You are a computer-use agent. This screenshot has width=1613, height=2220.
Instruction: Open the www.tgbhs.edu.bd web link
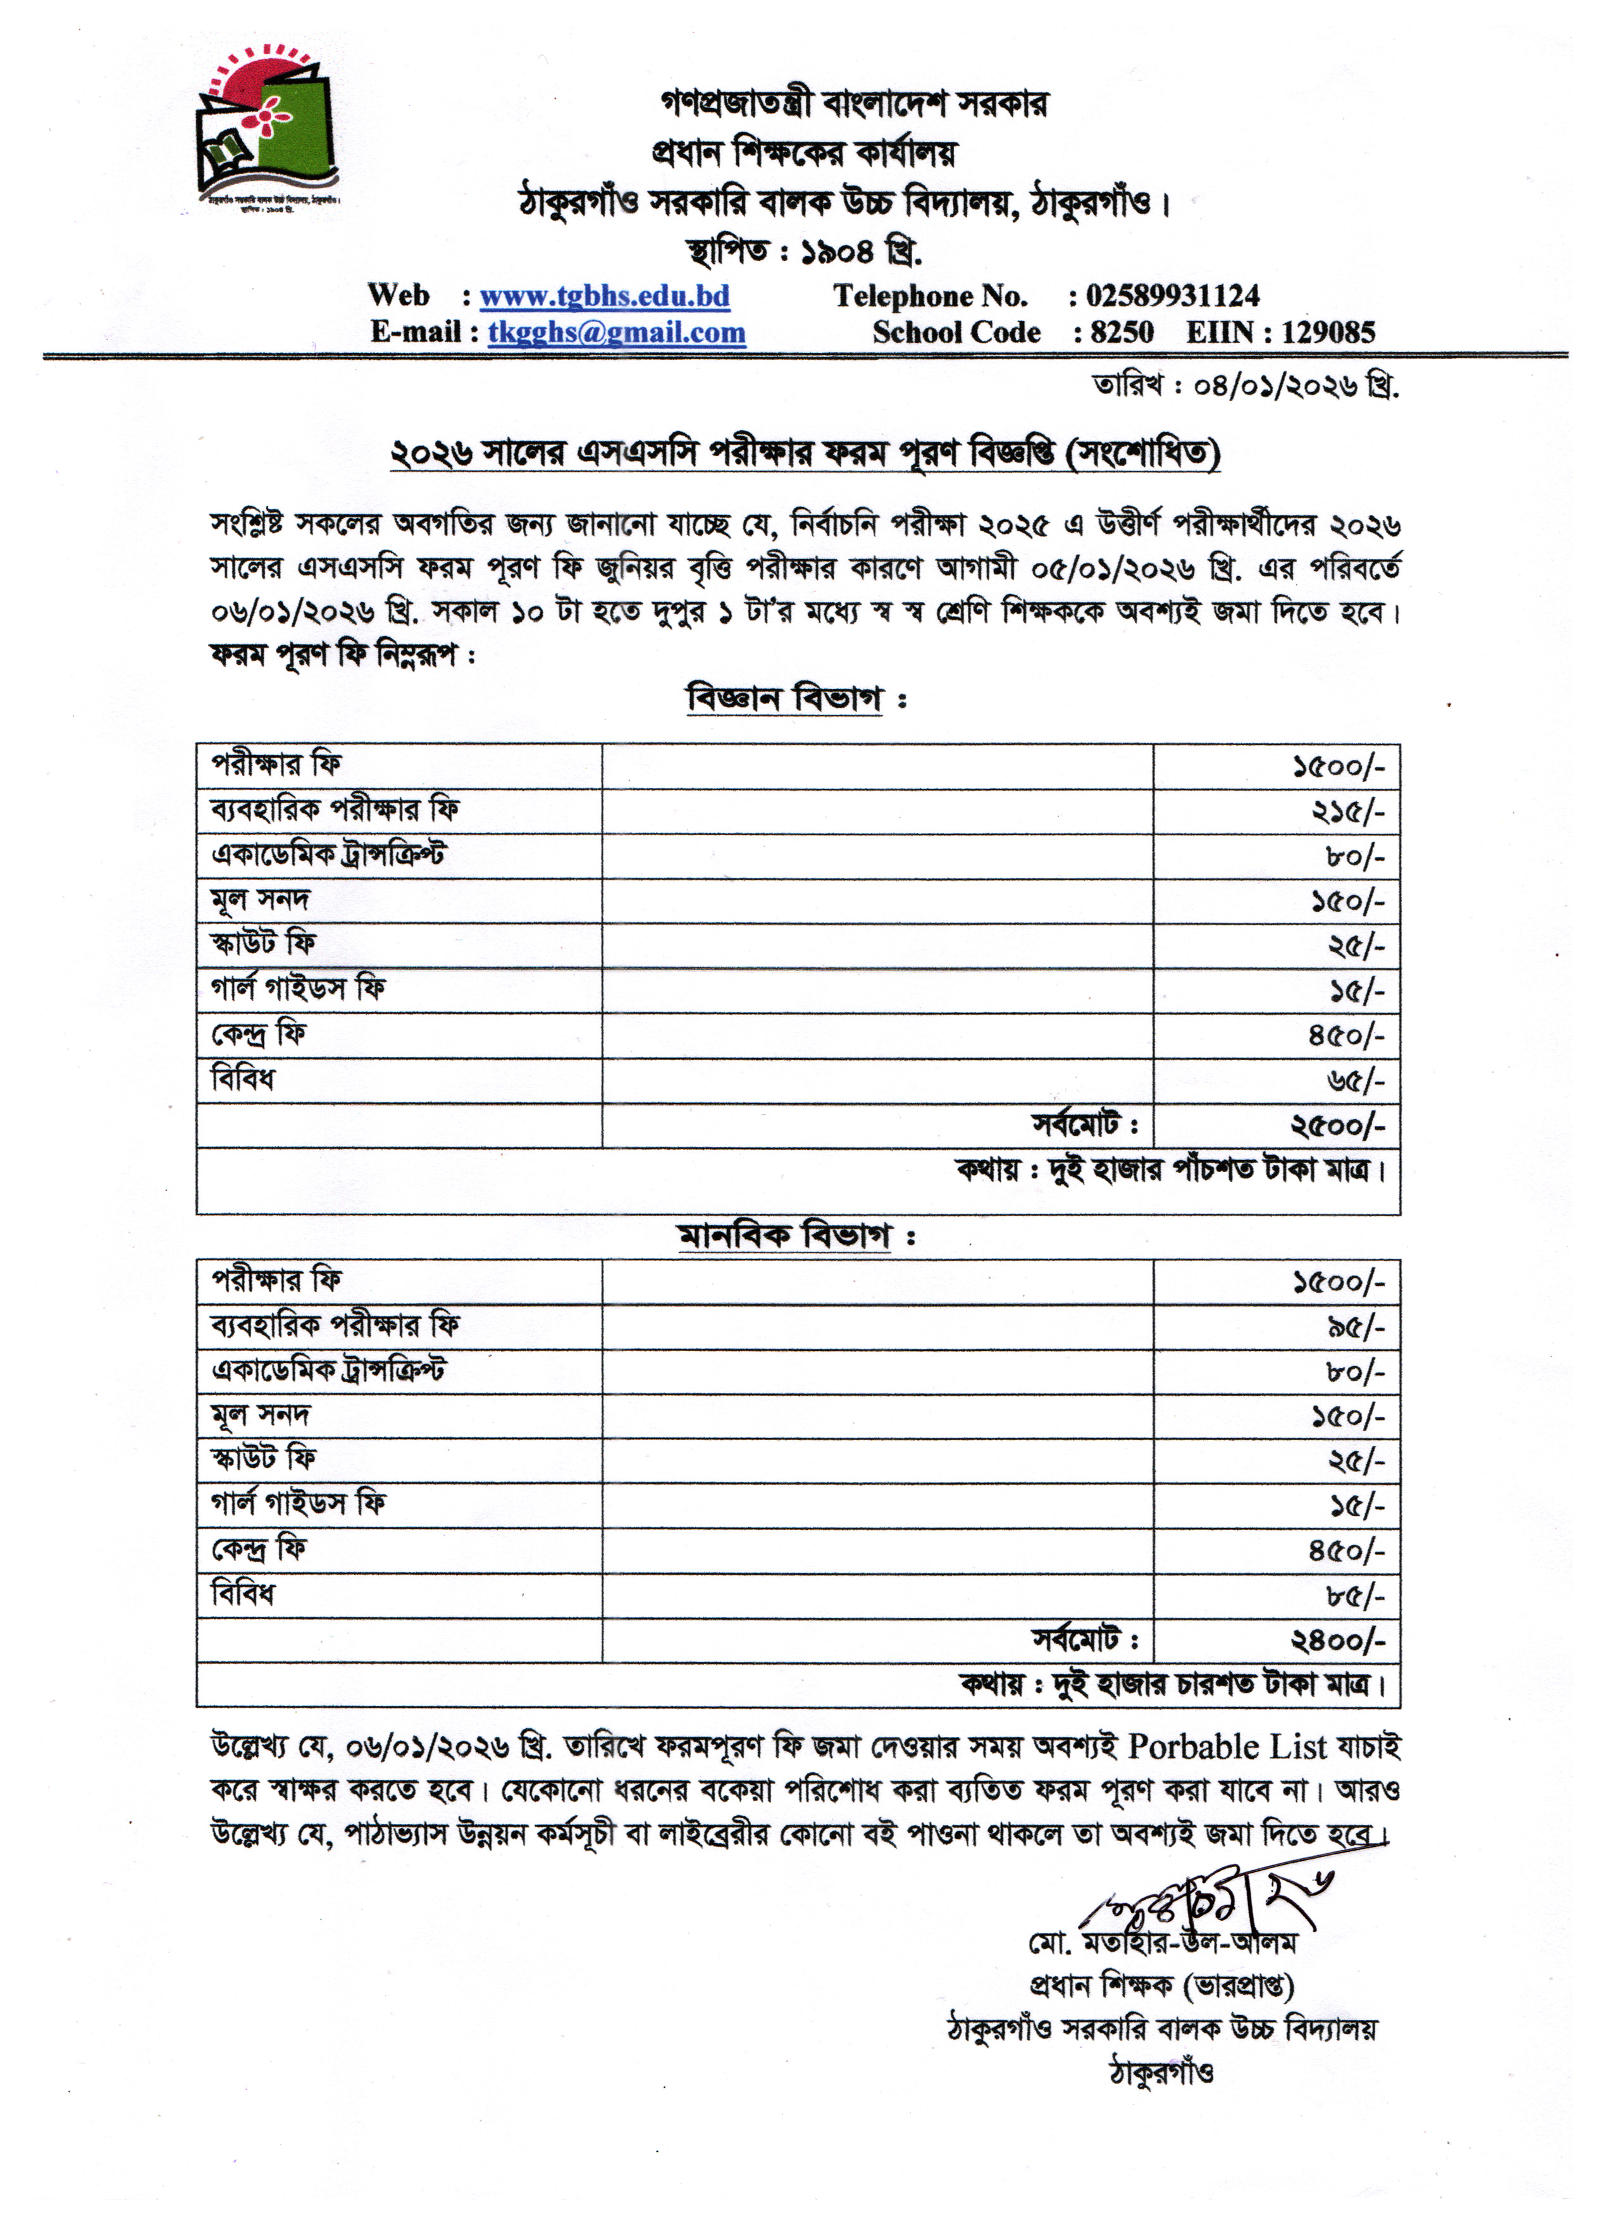point(604,295)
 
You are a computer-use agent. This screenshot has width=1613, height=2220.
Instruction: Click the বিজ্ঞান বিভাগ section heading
point(784,699)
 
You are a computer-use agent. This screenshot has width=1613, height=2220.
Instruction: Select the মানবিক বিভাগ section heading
point(784,1235)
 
